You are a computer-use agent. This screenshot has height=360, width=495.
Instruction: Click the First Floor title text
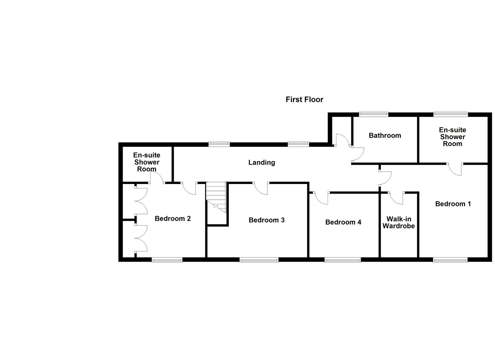(304, 99)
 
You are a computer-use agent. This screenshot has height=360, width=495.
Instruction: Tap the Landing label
(262, 162)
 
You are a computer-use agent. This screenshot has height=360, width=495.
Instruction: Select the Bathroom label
(385, 135)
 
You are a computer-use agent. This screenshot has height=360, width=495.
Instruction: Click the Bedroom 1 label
(453, 204)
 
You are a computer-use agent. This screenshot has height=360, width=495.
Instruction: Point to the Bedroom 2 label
(173, 219)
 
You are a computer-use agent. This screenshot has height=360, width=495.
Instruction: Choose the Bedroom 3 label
(266, 220)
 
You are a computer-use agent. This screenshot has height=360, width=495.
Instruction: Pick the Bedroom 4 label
(343, 222)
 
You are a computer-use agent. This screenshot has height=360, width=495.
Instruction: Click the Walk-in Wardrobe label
(398, 222)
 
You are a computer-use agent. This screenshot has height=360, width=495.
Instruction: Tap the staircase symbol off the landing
(216, 197)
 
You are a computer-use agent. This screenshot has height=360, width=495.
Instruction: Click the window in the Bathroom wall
(373, 114)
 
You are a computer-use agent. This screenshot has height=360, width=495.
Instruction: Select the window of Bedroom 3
(259, 260)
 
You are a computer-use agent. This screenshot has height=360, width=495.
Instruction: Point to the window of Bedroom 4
(342, 260)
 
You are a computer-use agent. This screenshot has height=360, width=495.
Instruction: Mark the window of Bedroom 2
(167, 260)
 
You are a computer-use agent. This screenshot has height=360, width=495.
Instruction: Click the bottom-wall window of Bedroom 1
(450, 260)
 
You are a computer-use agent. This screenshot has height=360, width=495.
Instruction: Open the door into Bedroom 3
(261, 188)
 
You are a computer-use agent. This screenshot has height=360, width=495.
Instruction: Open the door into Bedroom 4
(321, 198)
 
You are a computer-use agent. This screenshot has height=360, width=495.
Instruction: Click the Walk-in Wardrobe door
(396, 198)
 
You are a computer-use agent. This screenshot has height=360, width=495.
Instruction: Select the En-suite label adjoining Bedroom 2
(147, 162)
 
